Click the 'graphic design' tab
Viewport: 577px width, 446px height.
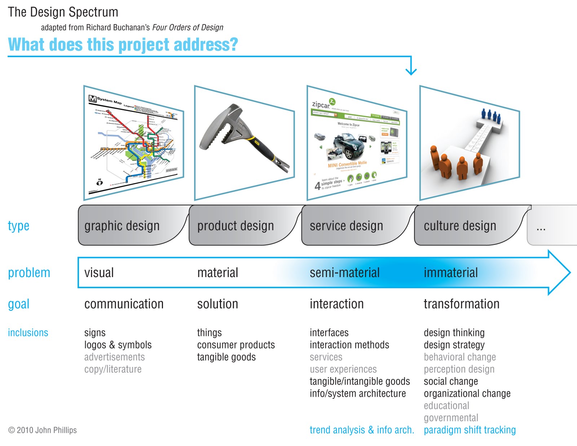click(x=122, y=226)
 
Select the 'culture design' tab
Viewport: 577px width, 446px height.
click(x=460, y=226)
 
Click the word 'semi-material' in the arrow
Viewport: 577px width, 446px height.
click(x=344, y=272)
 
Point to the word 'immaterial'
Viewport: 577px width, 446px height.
click(x=450, y=272)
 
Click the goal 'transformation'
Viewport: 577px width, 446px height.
click(x=461, y=304)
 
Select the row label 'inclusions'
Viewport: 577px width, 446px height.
click(x=28, y=333)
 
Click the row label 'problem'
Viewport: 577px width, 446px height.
click(x=29, y=273)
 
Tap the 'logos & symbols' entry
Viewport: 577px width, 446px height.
click(x=118, y=345)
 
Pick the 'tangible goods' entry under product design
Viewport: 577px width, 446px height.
click(x=226, y=357)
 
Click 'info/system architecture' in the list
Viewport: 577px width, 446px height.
click(x=357, y=394)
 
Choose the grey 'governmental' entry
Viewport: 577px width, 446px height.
click(x=451, y=418)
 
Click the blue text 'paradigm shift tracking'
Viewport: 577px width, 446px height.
click(x=470, y=430)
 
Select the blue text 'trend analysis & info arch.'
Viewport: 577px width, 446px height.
click(x=362, y=430)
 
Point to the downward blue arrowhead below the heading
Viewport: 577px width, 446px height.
click(x=411, y=71)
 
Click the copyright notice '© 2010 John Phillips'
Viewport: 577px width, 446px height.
click(x=43, y=430)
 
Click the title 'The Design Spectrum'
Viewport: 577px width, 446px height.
click(x=63, y=12)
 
